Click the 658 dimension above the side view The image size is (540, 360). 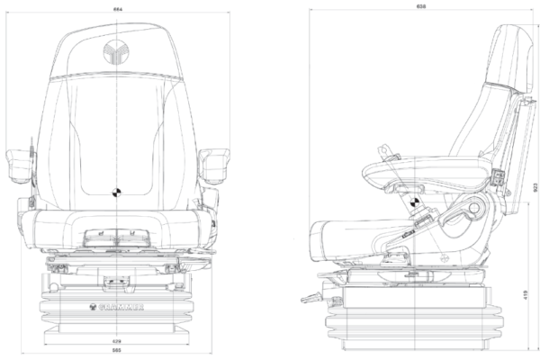click(x=421, y=5)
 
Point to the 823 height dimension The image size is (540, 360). click(x=534, y=187)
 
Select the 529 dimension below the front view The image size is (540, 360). click(x=118, y=342)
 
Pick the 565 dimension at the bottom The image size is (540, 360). click(x=118, y=353)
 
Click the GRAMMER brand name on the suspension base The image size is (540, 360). click(x=118, y=304)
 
